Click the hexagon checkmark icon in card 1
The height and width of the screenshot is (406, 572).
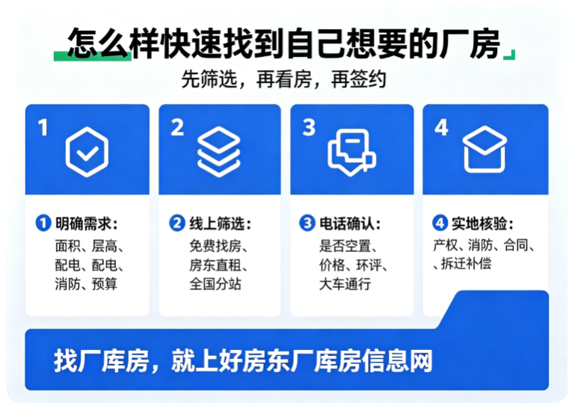87,152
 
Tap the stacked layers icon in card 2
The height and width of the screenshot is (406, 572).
219,152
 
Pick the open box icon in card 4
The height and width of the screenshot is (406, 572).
485,150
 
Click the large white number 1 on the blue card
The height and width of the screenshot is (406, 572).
43,128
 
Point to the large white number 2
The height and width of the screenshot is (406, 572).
177,128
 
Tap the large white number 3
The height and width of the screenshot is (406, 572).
309,128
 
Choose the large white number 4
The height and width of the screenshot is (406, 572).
441,128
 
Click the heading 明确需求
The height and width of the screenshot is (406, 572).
83,224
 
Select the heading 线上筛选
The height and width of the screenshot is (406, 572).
217,224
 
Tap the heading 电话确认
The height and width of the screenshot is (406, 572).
347,224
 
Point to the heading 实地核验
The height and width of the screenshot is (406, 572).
479,224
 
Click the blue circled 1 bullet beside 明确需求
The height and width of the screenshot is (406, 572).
43,223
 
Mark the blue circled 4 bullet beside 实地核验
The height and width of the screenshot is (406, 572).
440,223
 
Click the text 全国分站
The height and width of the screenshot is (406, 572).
215,283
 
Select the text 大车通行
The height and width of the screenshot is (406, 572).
345,283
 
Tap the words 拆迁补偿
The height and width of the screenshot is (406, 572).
467,263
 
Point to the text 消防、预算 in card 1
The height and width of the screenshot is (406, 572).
86,283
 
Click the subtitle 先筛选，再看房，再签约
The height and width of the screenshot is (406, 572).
283,79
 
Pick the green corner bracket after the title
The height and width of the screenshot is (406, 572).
510,55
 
